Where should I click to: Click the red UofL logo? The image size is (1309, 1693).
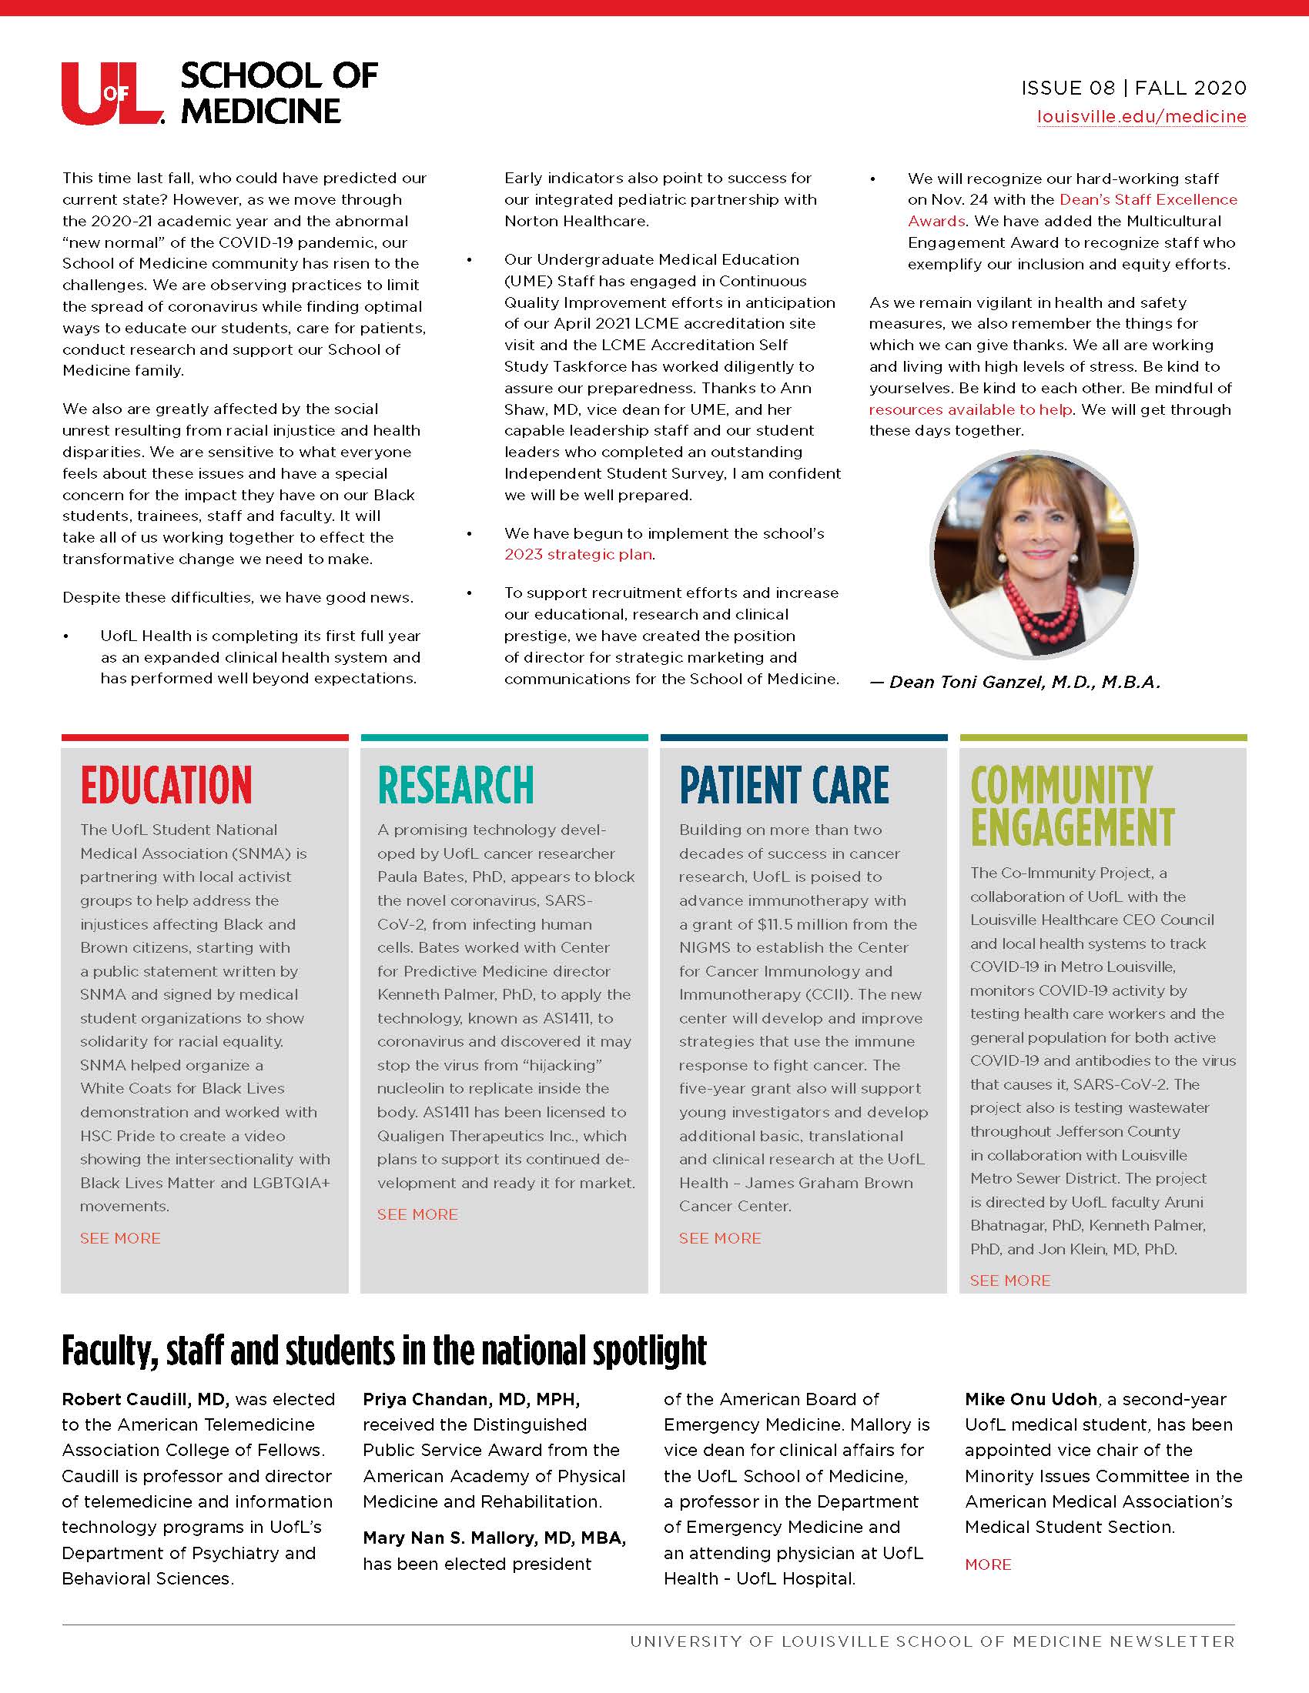112,93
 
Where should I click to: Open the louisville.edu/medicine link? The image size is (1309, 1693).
1141,117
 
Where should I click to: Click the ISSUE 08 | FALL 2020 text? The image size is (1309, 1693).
1133,88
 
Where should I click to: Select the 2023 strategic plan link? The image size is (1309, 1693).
578,555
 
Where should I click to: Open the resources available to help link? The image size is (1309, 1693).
970,409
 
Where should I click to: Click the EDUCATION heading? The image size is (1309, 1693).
166,784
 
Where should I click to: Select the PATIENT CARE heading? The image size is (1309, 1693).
783,784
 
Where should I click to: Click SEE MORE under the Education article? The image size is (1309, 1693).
120,1239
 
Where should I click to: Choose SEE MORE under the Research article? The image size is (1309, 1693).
417,1214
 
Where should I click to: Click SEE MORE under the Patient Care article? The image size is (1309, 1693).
720,1239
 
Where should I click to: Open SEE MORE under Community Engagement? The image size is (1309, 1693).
1009,1281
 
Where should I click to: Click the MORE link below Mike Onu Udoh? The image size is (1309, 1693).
987,1564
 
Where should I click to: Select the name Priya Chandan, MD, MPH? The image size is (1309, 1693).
470,1399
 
